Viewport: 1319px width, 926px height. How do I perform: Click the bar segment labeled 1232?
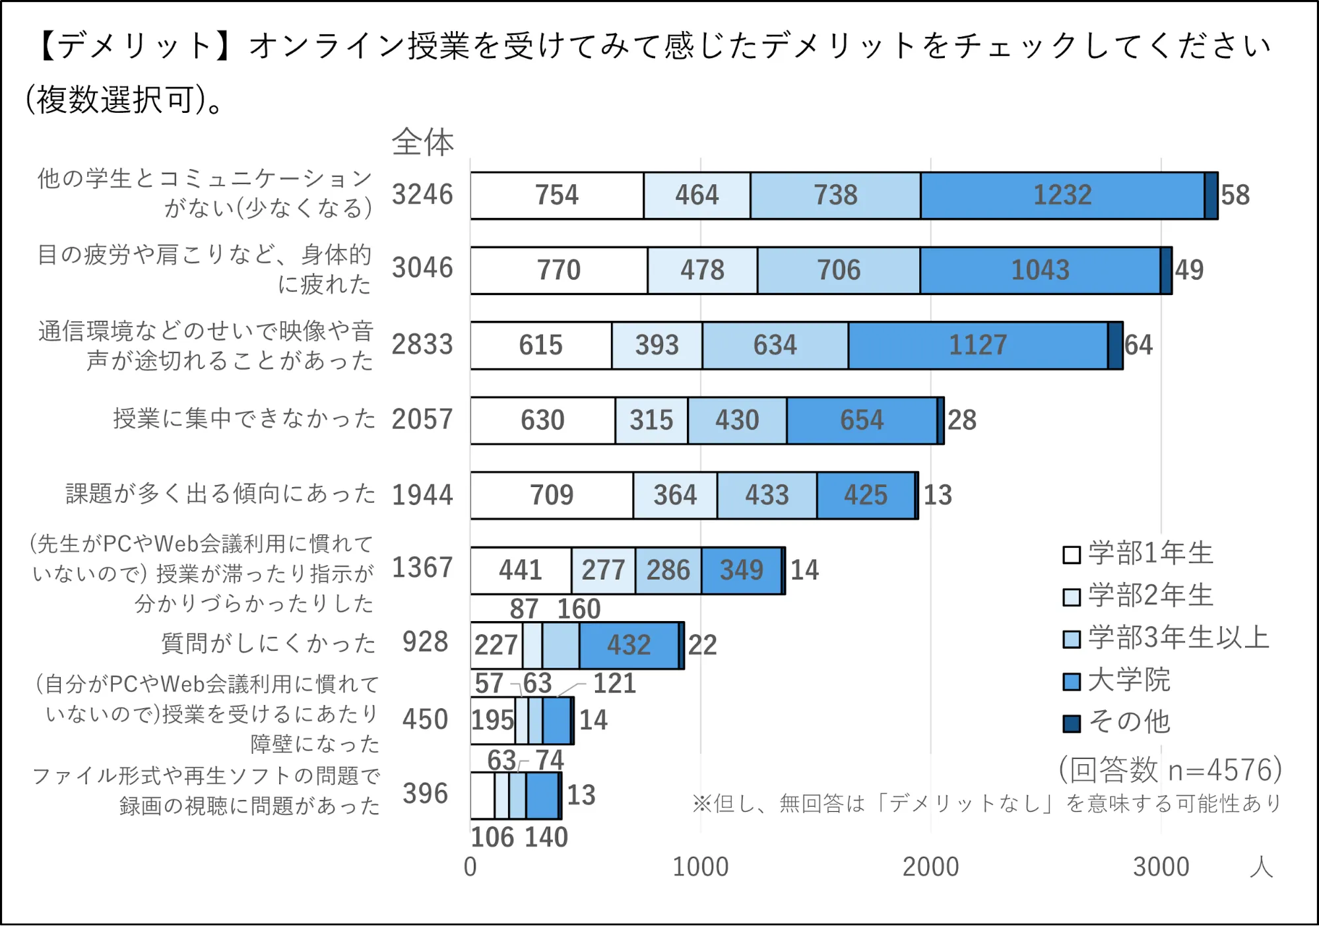point(1062,195)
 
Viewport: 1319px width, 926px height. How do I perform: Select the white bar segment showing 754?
point(556,195)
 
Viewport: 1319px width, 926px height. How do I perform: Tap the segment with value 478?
point(702,270)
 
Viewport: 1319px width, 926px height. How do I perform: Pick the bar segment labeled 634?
point(775,345)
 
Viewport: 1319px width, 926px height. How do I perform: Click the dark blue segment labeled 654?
point(861,420)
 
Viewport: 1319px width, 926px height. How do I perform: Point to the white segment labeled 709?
point(552,495)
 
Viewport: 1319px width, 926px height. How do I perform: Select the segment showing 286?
point(668,570)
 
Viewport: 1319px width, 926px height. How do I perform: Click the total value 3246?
point(422,195)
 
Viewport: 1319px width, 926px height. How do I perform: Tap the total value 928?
point(425,642)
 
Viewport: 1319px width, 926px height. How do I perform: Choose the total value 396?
point(425,794)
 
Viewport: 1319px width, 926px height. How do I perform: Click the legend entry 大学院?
point(1128,680)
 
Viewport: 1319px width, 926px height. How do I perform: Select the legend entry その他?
point(1128,722)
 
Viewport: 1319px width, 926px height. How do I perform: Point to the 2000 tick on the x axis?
point(930,867)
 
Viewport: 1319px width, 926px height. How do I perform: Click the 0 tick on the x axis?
point(470,867)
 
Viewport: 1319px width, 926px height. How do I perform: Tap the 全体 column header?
point(423,143)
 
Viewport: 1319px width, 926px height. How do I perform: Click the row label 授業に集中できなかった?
point(243,418)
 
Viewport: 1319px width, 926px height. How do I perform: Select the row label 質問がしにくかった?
point(269,643)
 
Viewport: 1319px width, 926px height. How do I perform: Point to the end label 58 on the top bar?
point(1235,195)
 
